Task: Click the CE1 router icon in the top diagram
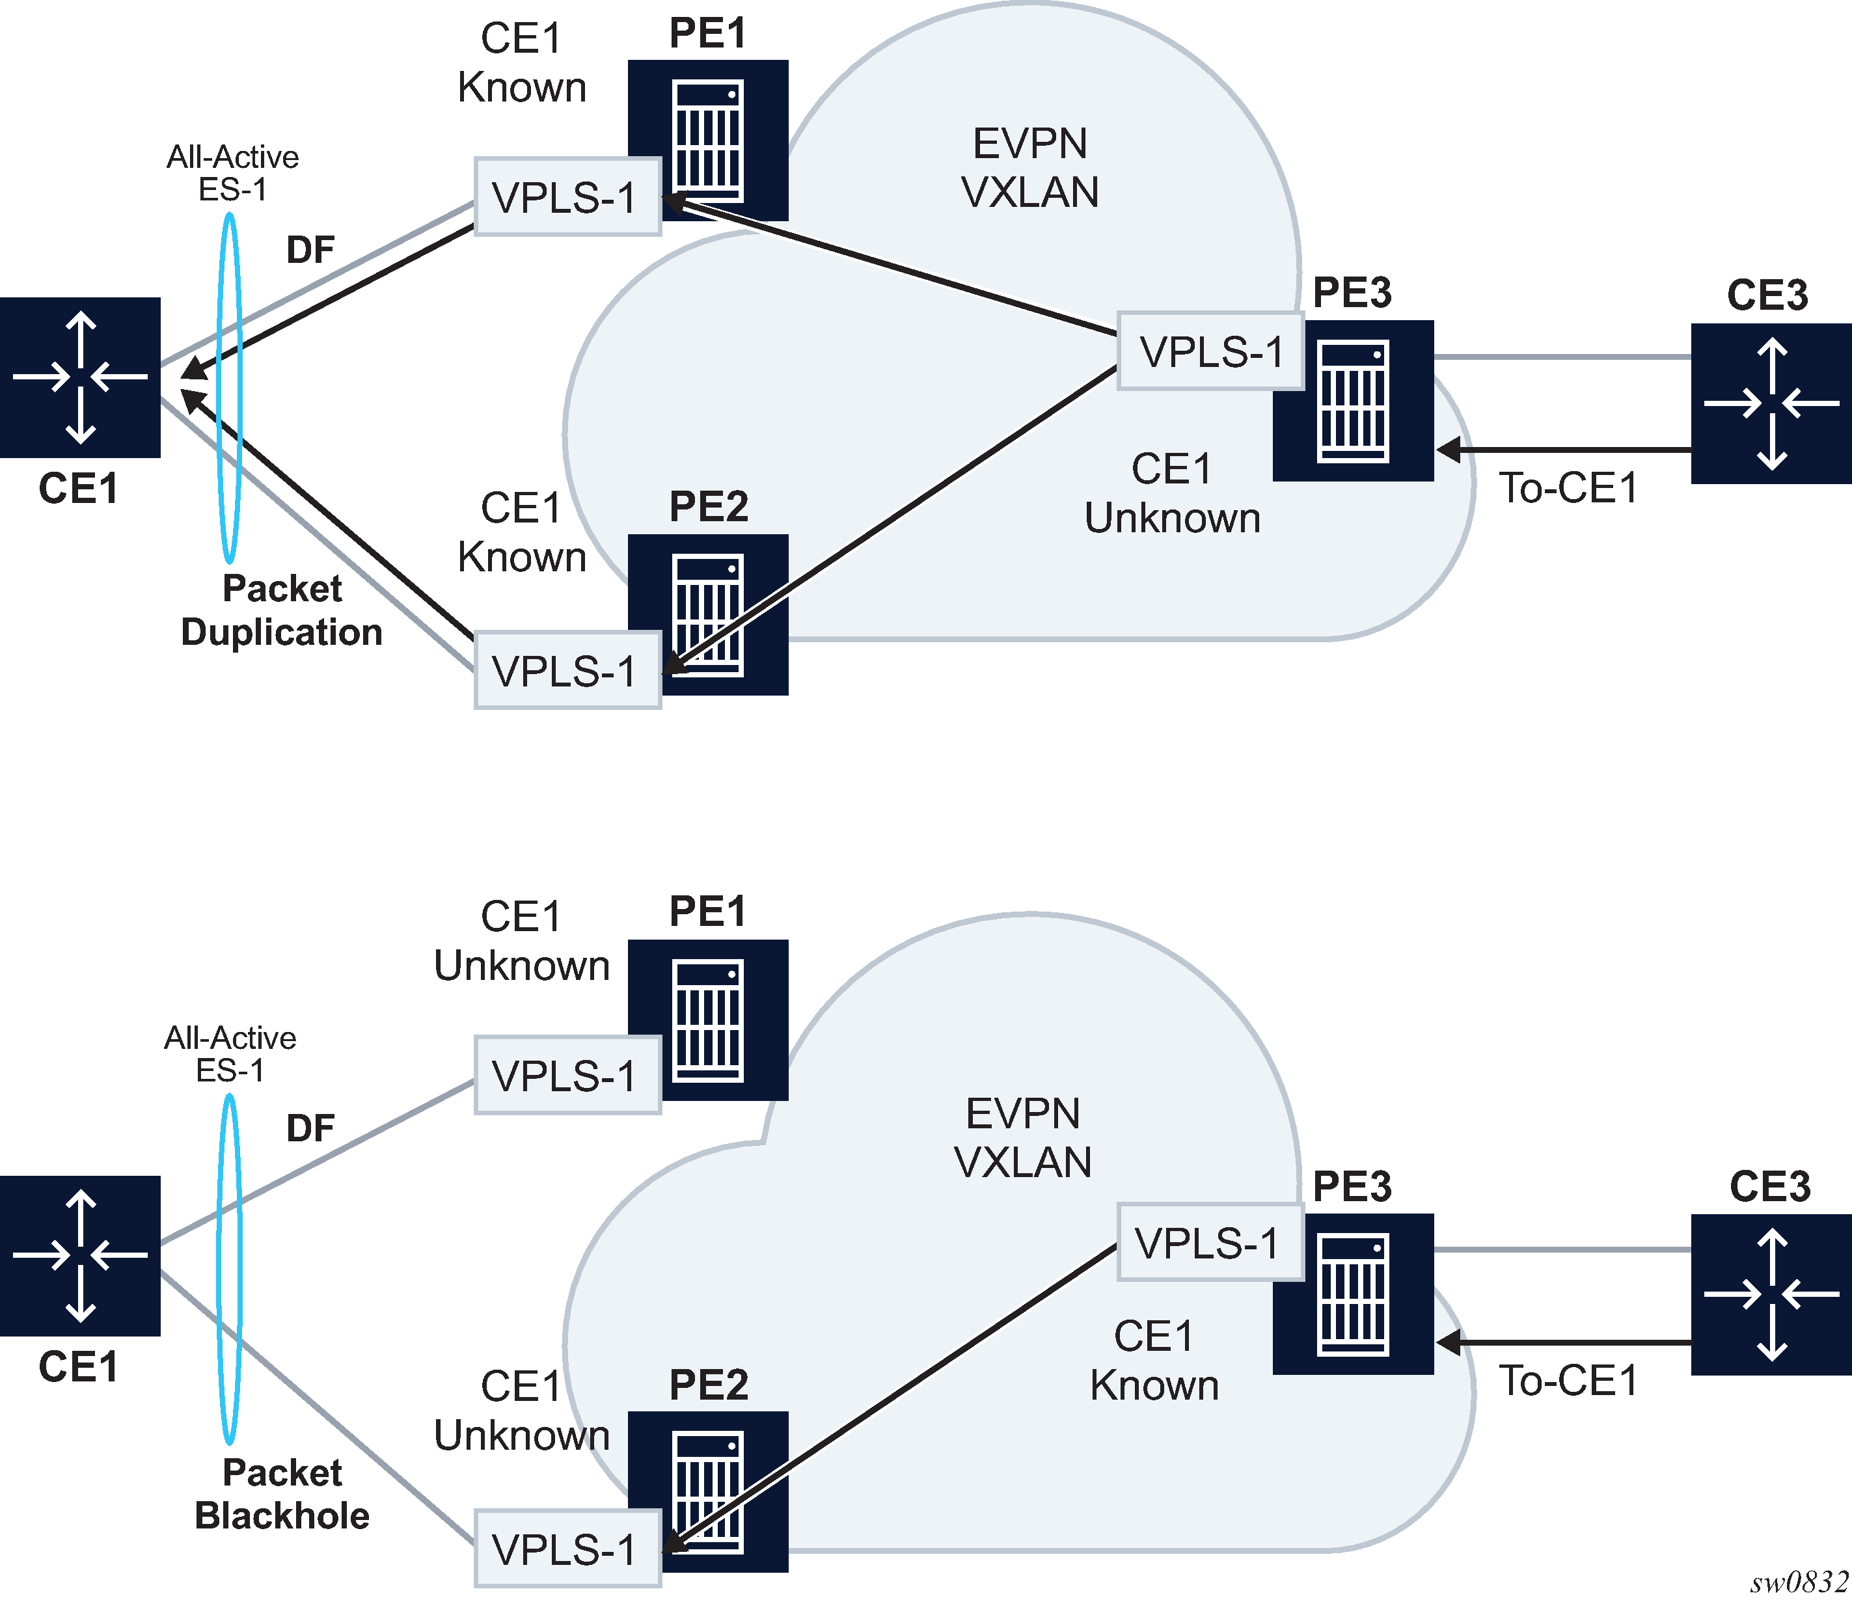point(81,377)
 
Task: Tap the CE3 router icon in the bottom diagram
point(1771,1294)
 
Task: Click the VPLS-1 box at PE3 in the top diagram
point(1210,351)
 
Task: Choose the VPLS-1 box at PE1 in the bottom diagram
point(567,1076)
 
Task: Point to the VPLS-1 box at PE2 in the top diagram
point(567,670)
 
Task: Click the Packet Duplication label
point(282,610)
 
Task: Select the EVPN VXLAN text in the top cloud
point(1029,168)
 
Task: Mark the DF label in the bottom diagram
point(310,1128)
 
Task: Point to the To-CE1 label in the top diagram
point(1569,488)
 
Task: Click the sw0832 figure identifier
point(1799,1583)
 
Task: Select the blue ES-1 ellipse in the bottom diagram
point(230,1269)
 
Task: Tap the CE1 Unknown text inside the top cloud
point(1172,493)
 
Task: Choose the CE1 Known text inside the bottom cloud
point(1154,1361)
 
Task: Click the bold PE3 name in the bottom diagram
point(1352,1186)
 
